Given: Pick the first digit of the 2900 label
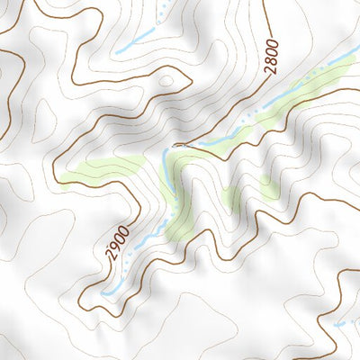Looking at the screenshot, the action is coord(112,255).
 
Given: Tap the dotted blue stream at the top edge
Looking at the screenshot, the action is coord(163,11).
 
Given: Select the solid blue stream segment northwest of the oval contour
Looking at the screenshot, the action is coord(135,41).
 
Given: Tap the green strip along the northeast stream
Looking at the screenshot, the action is coord(288,103).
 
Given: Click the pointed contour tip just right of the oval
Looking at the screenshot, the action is coord(191,79).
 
